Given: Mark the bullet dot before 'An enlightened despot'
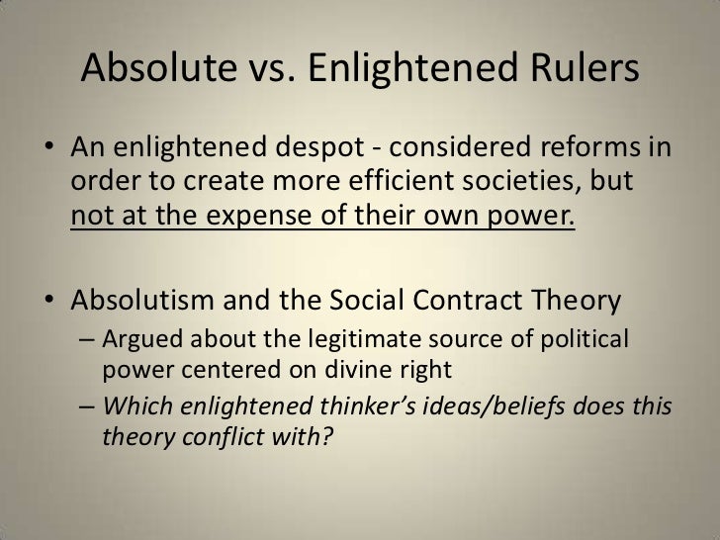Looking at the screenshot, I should click(x=47, y=151).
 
